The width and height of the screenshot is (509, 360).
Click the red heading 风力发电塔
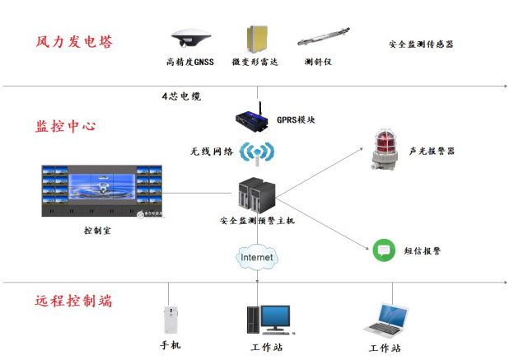coord(73,42)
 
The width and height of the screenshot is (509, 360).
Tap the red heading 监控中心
coord(66,127)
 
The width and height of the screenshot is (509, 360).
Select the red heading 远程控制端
coord(73,301)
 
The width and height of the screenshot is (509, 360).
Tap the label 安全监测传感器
coord(421,44)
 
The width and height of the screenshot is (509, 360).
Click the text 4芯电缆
coord(180,96)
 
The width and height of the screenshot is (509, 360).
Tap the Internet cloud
coord(256,258)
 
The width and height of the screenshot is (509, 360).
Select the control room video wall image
coord(101,193)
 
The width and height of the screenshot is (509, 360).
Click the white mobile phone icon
coord(169,320)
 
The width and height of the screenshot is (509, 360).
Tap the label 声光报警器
coord(431,152)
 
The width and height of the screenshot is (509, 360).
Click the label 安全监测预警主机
coord(257,221)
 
